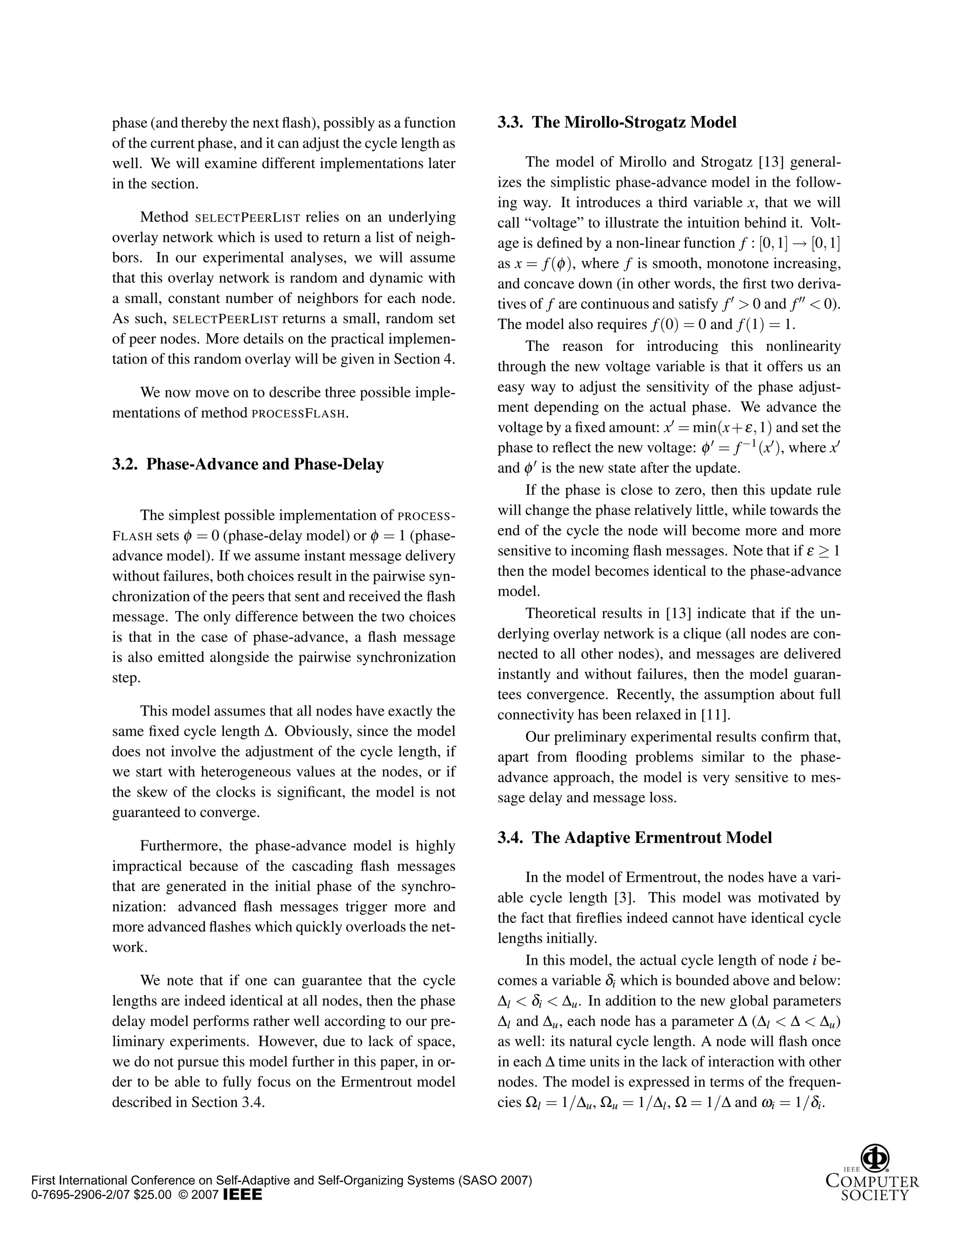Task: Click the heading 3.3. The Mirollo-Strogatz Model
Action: [x=617, y=122]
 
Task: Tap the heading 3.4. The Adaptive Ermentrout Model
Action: [x=634, y=837]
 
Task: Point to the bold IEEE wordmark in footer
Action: [x=243, y=1195]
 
